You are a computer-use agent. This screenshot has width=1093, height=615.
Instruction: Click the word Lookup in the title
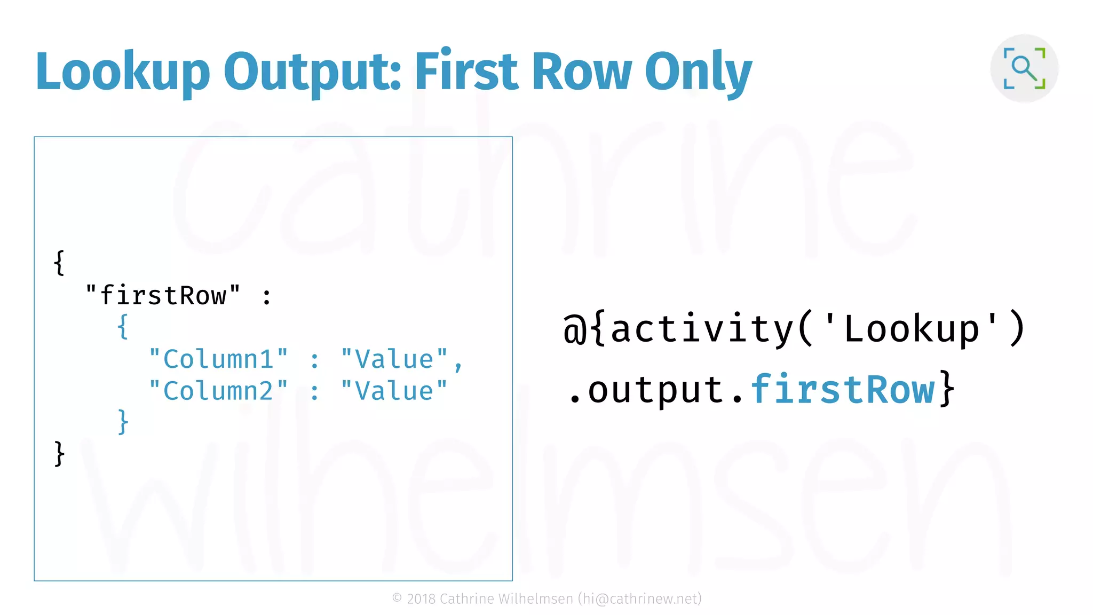click(x=123, y=72)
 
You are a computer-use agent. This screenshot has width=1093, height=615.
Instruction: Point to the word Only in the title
click(x=698, y=72)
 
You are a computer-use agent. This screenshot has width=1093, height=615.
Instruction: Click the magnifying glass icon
click(x=1024, y=68)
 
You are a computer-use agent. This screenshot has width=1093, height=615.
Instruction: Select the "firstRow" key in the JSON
click(x=163, y=295)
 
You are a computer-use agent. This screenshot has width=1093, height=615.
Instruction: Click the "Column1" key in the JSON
click(x=218, y=359)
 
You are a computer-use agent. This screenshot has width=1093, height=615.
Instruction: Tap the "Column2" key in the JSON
click(x=218, y=391)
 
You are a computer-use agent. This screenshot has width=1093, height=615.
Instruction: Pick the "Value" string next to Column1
click(x=394, y=359)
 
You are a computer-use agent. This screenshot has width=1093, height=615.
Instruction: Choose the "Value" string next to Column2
click(x=394, y=391)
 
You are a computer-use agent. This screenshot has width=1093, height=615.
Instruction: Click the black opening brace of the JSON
click(x=59, y=263)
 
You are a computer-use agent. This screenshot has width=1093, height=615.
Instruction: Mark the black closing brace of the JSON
click(x=59, y=454)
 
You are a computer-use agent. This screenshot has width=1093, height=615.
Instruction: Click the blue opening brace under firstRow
click(x=123, y=326)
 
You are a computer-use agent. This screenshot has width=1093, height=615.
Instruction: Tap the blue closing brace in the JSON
click(x=123, y=422)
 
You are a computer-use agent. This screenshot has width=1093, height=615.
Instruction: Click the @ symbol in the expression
click(x=575, y=329)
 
